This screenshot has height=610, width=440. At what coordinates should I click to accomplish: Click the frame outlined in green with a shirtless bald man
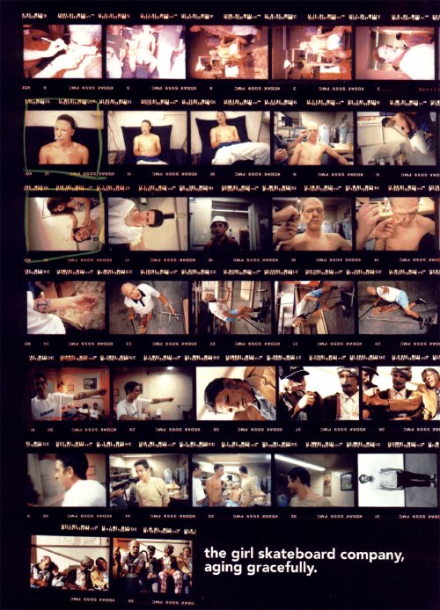pyautogui.click(x=63, y=137)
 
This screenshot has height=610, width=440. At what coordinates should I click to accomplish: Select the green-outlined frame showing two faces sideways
pyautogui.click(x=63, y=223)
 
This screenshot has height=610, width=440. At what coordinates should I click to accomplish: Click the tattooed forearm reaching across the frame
pyautogui.click(x=66, y=304)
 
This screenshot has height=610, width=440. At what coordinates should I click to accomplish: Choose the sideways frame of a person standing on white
pyautogui.click(x=397, y=479)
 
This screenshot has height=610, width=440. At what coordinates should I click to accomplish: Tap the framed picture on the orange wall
pyautogui.click(x=90, y=382)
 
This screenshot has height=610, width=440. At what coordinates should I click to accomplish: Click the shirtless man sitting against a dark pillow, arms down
pyautogui.click(x=146, y=137)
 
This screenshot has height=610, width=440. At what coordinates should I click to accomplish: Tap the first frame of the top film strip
pyautogui.click(x=63, y=52)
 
